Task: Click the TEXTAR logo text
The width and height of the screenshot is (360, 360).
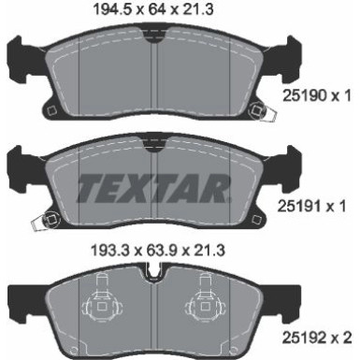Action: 152,189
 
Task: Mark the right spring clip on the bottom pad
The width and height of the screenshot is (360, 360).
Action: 206,305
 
